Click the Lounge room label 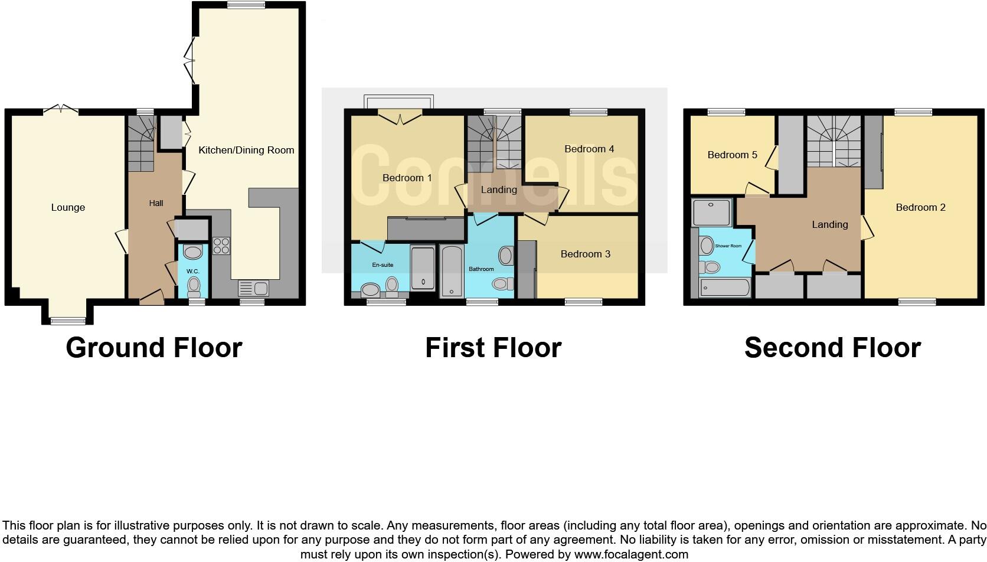68,208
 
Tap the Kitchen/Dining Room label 246,151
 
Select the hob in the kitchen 221,245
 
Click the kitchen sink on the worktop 253,289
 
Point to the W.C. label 193,272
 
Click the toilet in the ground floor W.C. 194,287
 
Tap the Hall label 156,203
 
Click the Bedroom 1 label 407,178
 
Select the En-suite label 383,265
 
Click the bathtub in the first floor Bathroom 452,272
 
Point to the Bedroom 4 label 589,149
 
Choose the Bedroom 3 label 586,254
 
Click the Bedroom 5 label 732,155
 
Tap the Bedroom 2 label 920,208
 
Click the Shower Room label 728,246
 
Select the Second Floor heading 832,348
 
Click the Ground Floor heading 154,348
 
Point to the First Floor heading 493,348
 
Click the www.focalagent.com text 631,554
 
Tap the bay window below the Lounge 68,321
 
